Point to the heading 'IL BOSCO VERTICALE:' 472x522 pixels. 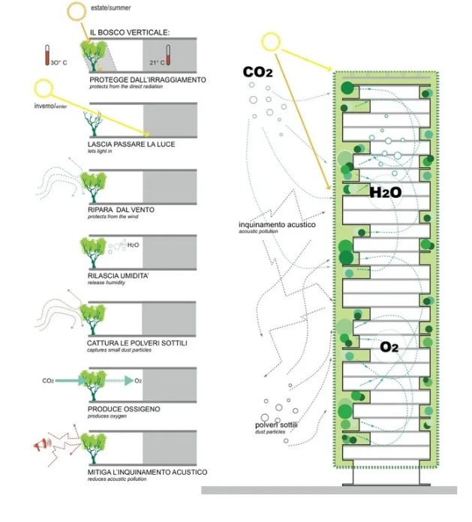click(x=130, y=32)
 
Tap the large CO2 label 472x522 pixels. click(x=257, y=73)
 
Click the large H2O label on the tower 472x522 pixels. click(x=385, y=192)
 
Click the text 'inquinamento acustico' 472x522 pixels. click(x=277, y=224)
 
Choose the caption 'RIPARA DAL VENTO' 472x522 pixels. click(x=121, y=210)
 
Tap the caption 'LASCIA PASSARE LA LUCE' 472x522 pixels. click(x=131, y=144)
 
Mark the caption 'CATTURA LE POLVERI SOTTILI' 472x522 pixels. click(x=137, y=343)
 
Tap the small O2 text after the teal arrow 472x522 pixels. click(x=138, y=381)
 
